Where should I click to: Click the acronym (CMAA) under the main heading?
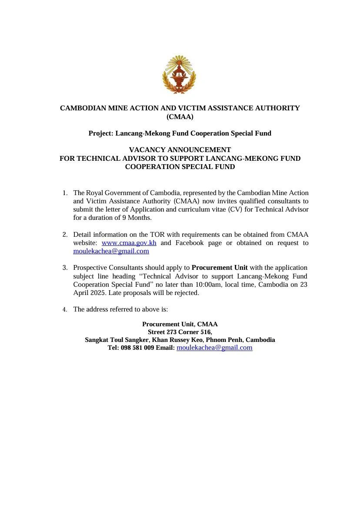(x=180, y=116)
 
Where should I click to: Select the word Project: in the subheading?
(x=101, y=133)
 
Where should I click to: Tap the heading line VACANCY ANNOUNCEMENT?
(x=180, y=150)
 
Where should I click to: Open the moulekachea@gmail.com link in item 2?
(x=111, y=251)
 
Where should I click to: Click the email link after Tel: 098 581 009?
(x=214, y=348)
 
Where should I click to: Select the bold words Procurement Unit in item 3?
(x=220, y=268)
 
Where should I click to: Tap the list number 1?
(x=65, y=193)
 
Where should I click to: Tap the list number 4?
(x=65, y=310)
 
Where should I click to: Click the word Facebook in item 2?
(x=190, y=243)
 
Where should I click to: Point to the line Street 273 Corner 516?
(x=180, y=332)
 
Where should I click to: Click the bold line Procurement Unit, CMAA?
(x=180, y=324)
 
